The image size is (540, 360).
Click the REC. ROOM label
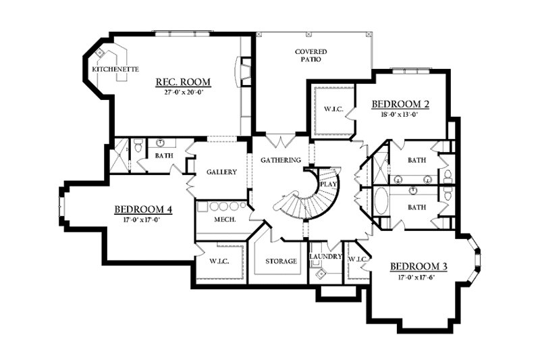[183, 82]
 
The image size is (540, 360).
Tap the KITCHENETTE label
[115, 69]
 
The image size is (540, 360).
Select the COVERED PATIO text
[310, 55]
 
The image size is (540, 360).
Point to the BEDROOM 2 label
[401, 104]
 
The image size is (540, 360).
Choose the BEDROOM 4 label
[143, 209]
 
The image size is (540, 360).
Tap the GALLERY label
[221, 172]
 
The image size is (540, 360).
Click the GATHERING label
[281, 160]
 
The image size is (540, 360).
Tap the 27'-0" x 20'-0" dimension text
[183, 93]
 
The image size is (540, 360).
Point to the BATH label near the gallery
[164, 155]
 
